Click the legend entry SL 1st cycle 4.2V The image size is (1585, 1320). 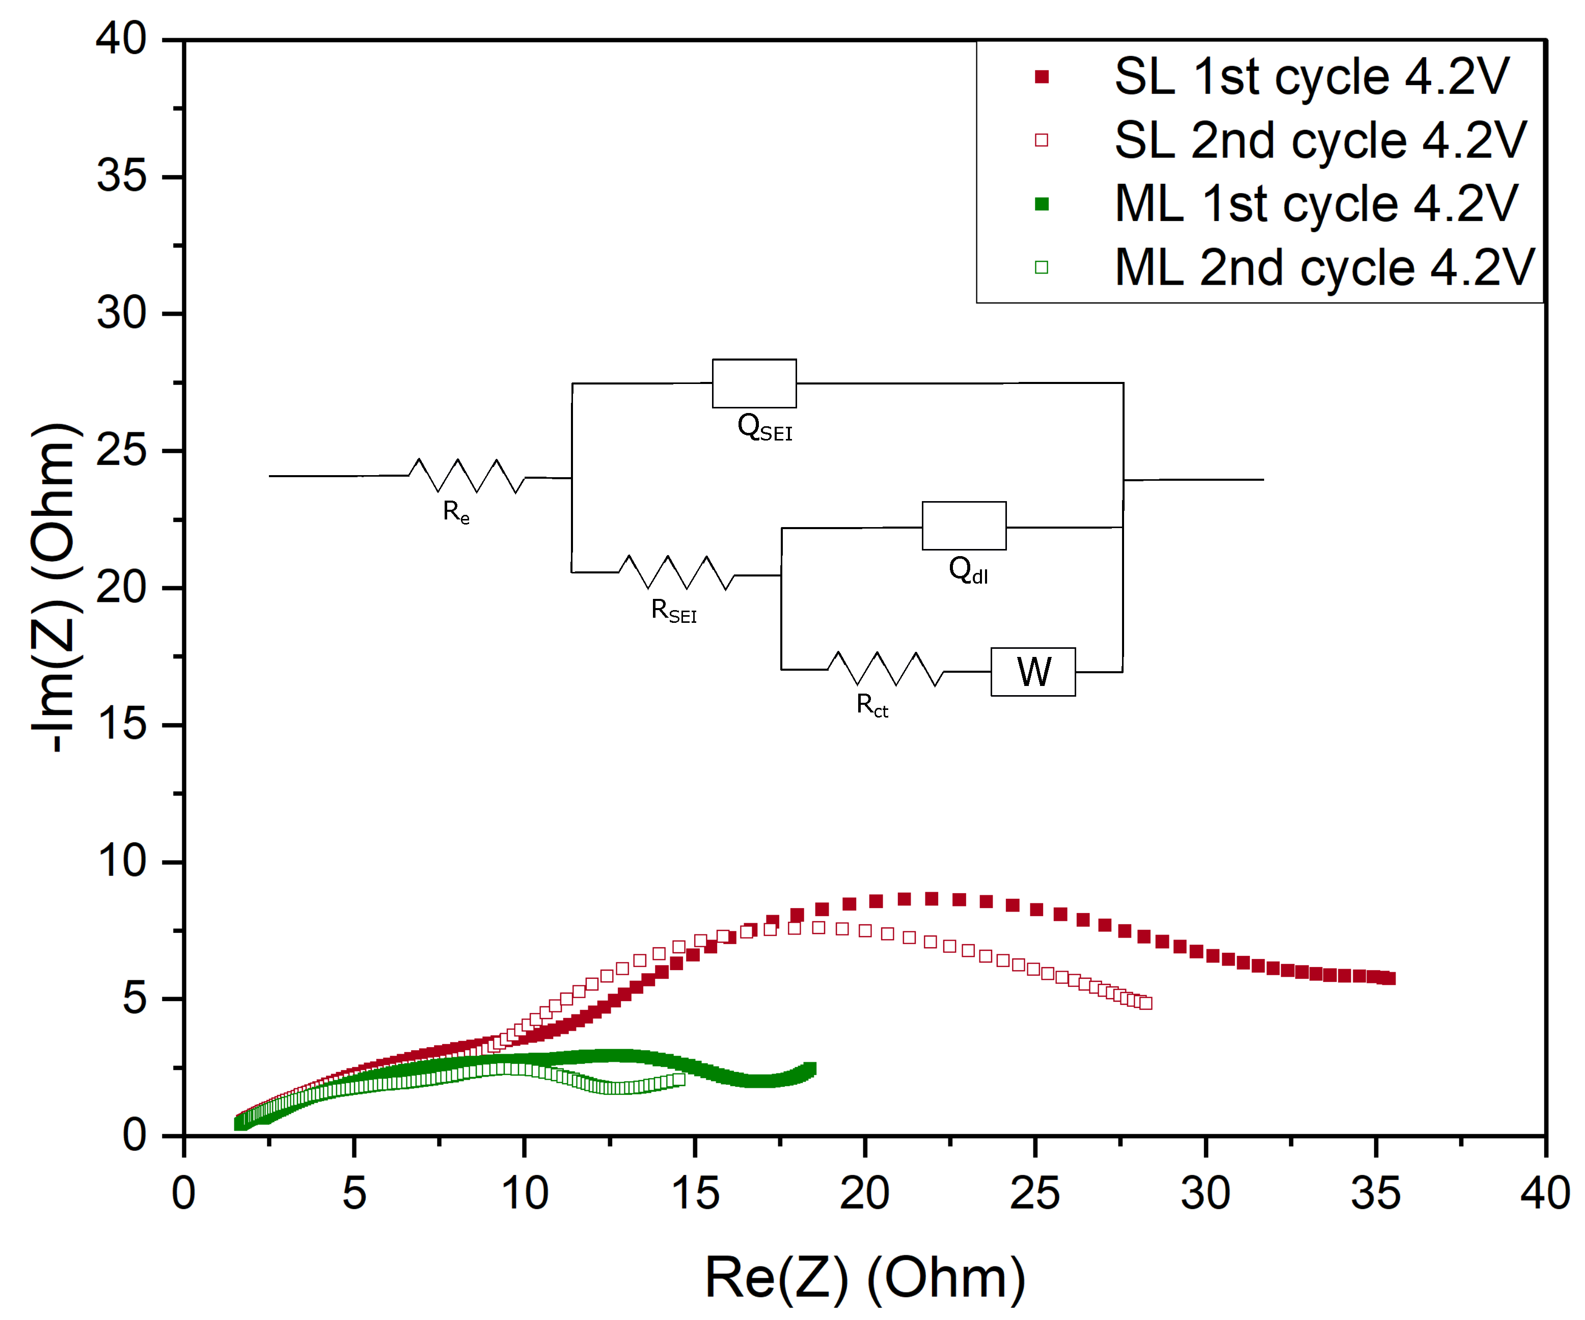coord(1311,76)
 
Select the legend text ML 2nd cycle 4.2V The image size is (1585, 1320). coord(1325,267)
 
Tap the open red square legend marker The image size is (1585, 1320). coord(1042,141)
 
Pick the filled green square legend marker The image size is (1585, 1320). coord(1042,204)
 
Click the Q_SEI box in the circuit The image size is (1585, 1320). coord(754,383)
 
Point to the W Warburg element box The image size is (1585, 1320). coord(1032,672)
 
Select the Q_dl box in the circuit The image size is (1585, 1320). coord(964,526)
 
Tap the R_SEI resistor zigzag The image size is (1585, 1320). coord(677,573)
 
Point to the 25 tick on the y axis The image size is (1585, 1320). coord(121,451)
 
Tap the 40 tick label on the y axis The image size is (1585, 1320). coord(121,39)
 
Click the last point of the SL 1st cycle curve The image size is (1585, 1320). coord(1389,978)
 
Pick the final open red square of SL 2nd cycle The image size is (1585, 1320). coord(1146,1003)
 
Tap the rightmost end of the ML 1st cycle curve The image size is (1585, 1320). coord(811,1068)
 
